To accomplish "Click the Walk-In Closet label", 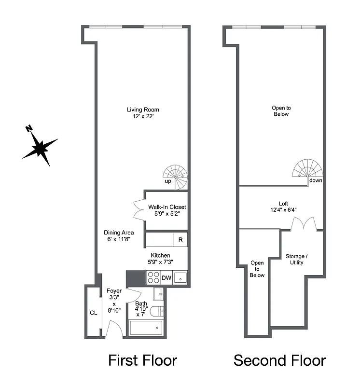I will pos(167,207).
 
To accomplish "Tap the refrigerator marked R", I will pos(180,239).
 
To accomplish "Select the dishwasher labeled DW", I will pos(166,278).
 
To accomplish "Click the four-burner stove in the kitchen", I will pos(153,277).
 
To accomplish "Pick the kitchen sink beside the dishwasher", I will pos(180,278).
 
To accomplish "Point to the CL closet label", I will pos(94,313).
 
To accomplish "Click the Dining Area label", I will pos(119,233).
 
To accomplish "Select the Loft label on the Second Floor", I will pos(283,203).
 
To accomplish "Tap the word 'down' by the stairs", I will pos(316,180).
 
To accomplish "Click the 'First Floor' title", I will pos(142,360).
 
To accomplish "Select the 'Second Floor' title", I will pos(279,360).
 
